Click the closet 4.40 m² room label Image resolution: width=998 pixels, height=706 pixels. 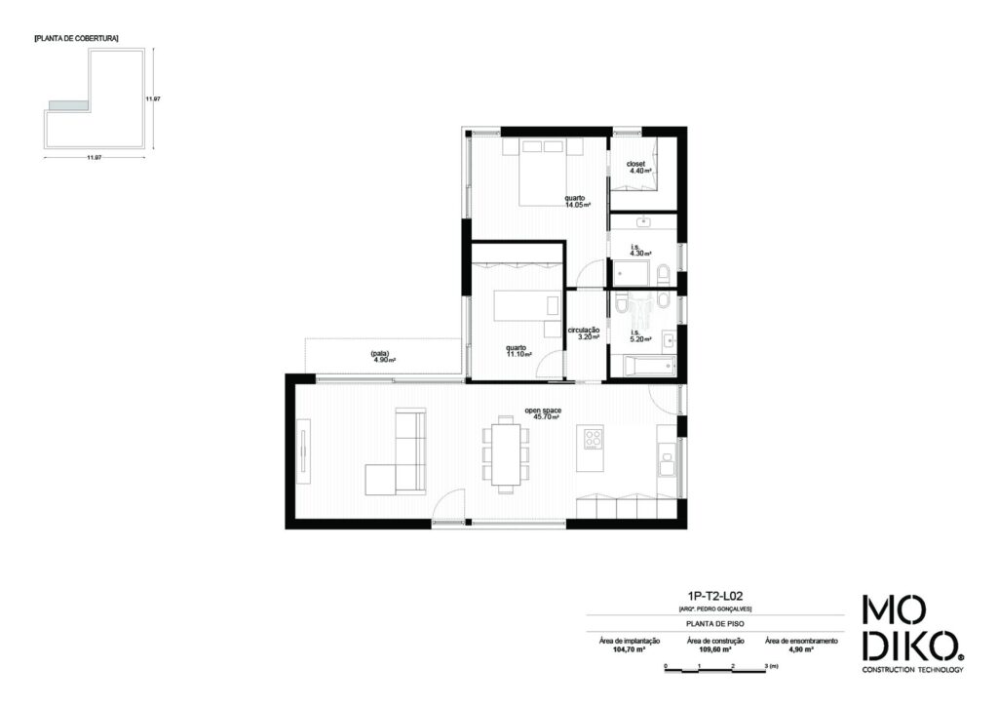tap(639, 167)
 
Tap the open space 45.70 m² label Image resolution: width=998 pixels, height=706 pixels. tap(546, 413)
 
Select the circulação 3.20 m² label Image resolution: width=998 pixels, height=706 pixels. tap(585, 333)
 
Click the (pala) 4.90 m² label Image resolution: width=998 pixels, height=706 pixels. tap(380, 356)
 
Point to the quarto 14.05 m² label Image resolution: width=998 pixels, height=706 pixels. tap(577, 201)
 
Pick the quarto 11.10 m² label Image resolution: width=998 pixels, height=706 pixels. tap(518, 351)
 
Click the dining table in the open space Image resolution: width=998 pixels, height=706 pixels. tap(506, 451)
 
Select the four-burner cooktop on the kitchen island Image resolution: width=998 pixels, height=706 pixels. tap(592, 439)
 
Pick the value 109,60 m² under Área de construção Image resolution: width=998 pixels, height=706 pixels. tap(715, 647)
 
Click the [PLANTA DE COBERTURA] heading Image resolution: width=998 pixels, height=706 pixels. tap(76, 38)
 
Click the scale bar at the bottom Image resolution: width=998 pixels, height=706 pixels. tap(716, 667)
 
